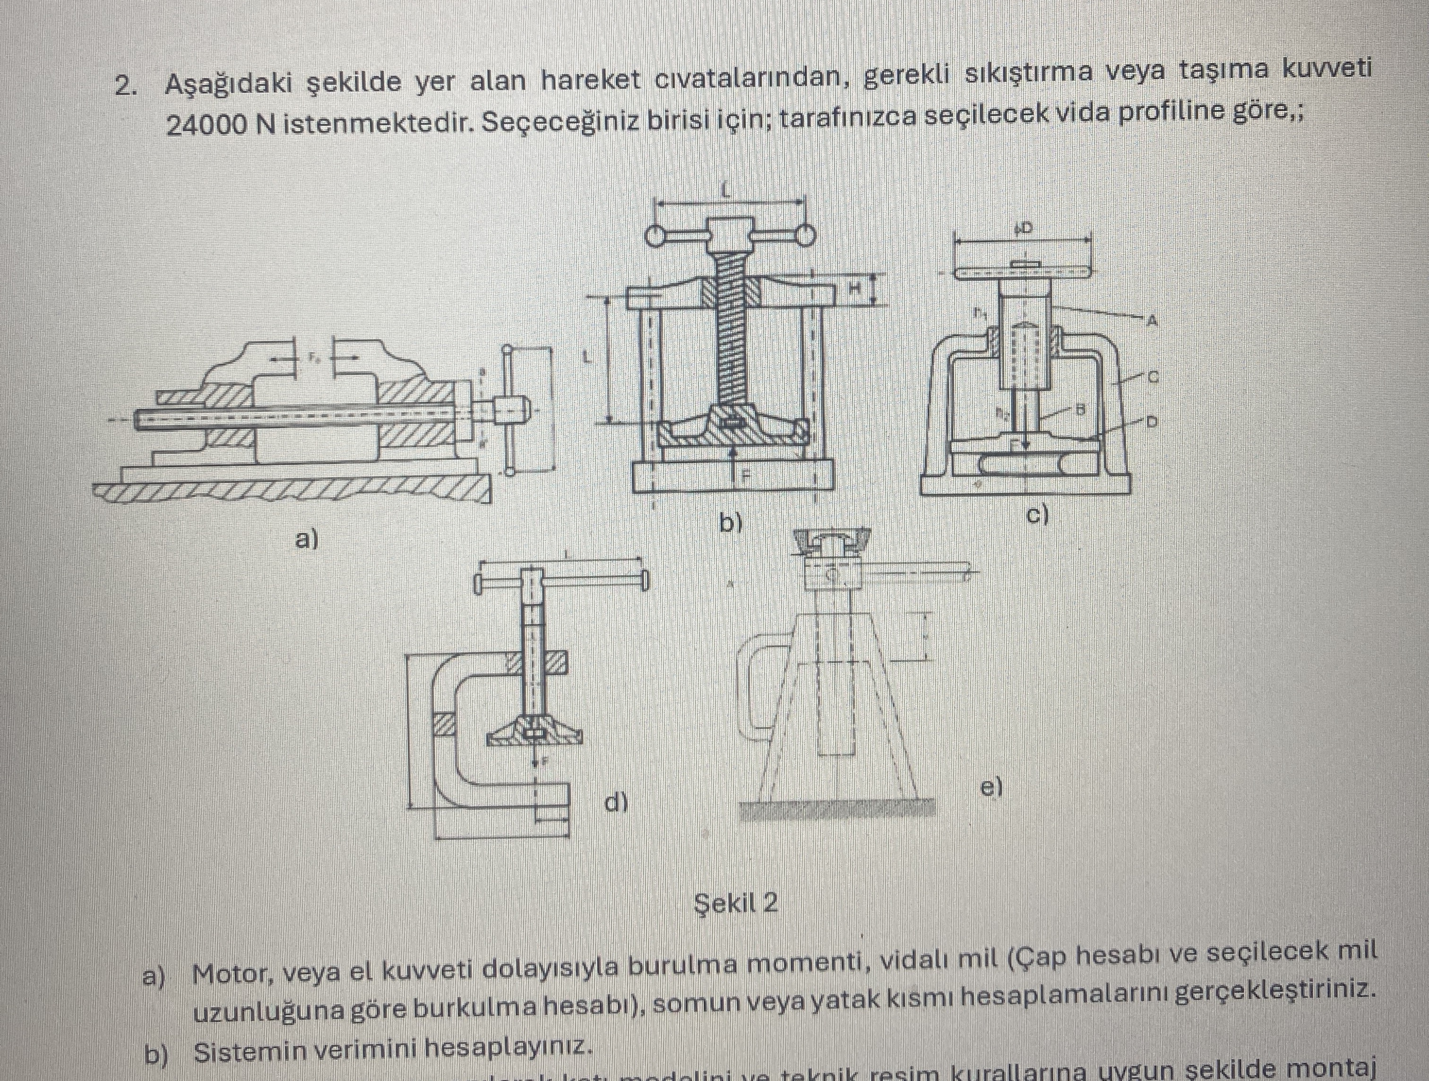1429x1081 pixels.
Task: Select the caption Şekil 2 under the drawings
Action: (736, 903)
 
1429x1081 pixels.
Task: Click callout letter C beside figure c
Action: (1151, 375)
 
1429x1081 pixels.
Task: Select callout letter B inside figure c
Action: (1077, 408)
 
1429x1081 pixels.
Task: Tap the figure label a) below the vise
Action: (307, 538)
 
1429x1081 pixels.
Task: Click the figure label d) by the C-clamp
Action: (616, 803)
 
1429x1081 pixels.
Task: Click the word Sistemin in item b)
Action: (242, 1053)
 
